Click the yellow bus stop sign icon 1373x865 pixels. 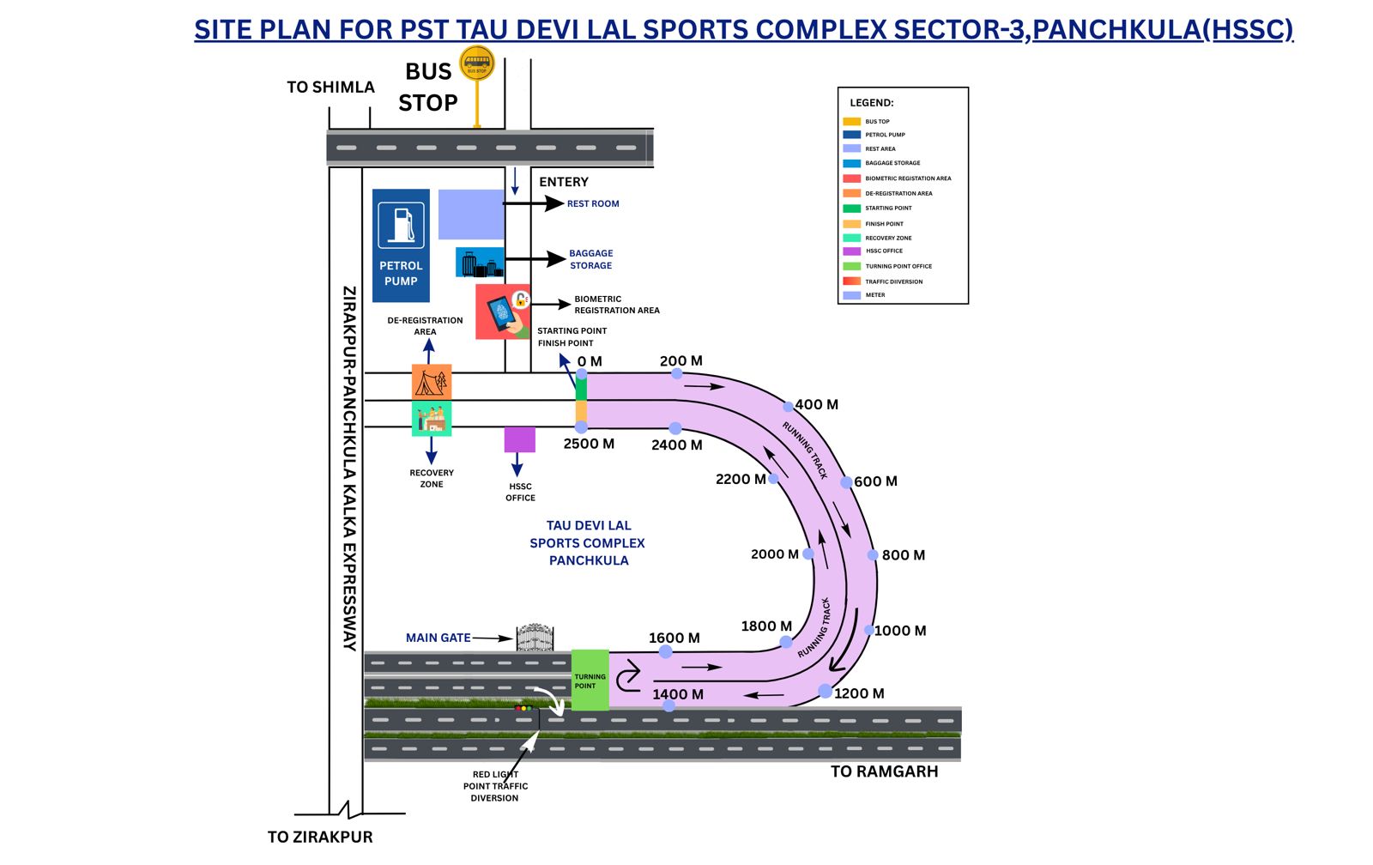pos(477,64)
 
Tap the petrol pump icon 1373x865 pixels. pos(402,225)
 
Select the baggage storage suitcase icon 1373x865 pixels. pos(480,263)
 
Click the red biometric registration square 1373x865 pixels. pos(503,312)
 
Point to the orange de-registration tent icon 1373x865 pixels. pos(432,382)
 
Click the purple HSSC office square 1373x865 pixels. pos(520,439)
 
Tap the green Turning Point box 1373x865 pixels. pos(590,680)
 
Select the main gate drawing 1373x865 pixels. pos(535,638)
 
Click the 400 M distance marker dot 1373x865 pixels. pos(789,407)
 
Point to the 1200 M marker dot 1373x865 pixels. pos(826,692)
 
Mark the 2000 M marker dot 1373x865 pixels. pos(808,554)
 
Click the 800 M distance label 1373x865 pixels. pos(904,555)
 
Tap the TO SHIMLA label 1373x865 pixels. pos(331,88)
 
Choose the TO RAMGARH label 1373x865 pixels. pos(885,771)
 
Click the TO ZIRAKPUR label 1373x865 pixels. pos(320,838)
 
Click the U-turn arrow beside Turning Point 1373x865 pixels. pos(628,676)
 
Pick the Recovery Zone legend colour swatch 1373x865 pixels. pos(852,238)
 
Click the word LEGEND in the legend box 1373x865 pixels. pos(871,103)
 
